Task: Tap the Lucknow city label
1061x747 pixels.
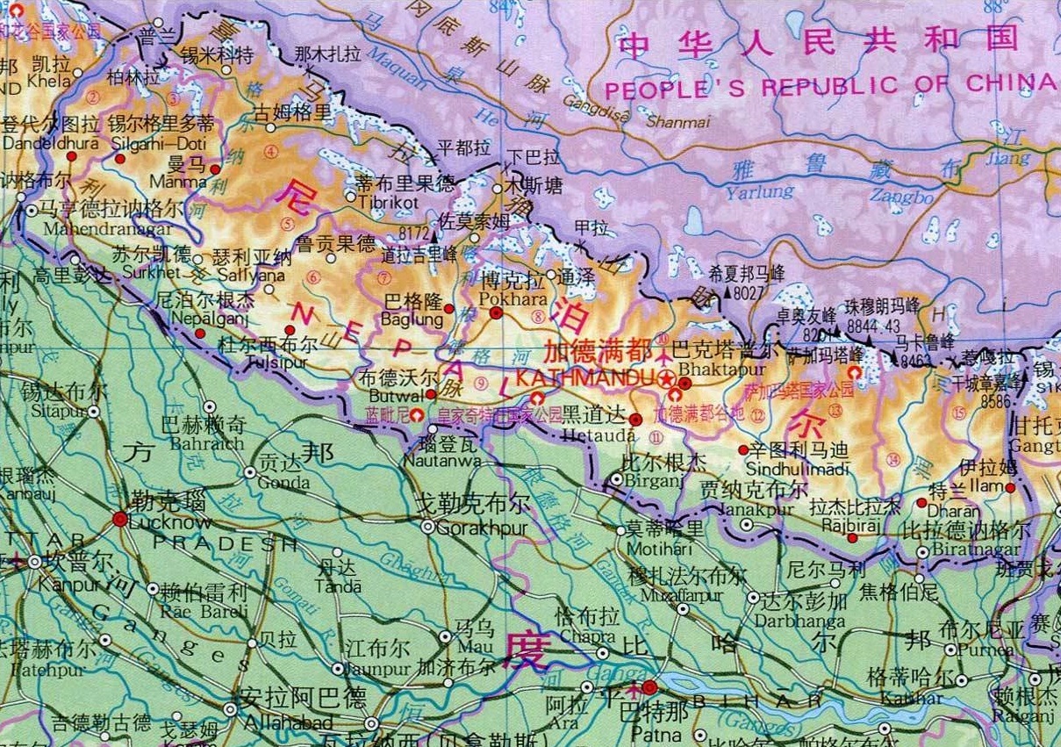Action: pos(168,521)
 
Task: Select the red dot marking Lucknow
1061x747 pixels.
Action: pos(119,519)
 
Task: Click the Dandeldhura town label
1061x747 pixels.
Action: pos(37,140)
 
